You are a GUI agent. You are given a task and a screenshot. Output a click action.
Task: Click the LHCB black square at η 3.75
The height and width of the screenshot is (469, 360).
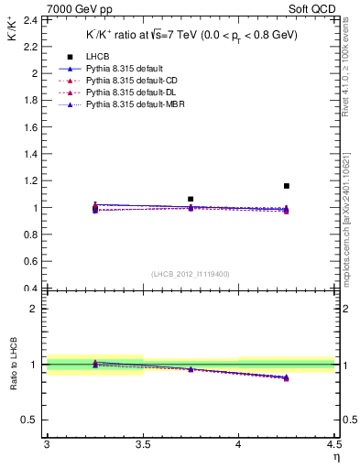191,199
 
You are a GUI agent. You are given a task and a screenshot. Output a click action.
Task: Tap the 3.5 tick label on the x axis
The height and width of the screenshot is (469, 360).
142,444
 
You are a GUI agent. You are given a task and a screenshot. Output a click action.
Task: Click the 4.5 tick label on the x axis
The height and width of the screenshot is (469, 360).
333,444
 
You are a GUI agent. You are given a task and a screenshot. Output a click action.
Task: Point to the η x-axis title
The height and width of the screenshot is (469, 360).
335,456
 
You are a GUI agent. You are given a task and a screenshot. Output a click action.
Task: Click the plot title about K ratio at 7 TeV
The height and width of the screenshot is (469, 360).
191,35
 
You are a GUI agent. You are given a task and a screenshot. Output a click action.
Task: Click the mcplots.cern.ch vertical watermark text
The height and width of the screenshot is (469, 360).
352,229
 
